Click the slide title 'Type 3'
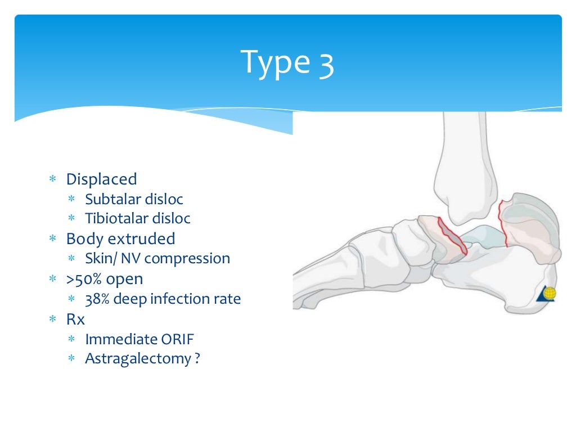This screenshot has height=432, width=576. [x=287, y=62]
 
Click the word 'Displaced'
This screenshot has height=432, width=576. [x=101, y=179]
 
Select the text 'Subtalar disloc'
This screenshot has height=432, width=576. [x=134, y=199]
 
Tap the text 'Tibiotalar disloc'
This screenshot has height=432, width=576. [x=137, y=218]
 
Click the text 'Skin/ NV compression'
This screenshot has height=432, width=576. [x=157, y=259]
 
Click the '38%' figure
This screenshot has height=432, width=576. [x=97, y=299]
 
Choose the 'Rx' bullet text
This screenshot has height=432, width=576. [x=75, y=319]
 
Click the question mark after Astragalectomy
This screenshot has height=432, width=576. [x=197, y=358]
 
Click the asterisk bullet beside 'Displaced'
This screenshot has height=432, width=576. [x=52, y=180]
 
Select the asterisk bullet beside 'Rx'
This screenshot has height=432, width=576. [x=52, y=319]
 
